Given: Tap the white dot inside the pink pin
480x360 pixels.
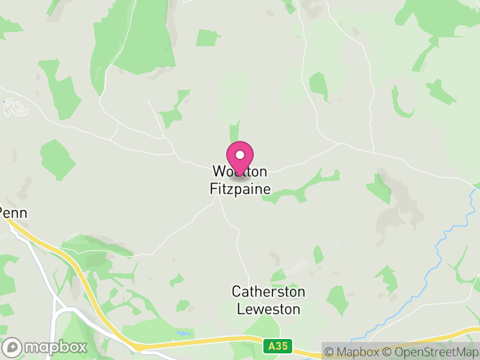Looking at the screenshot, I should pyautogui.click(x=240, y=155).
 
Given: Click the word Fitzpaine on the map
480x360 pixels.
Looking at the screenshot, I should pyautogui.click(x=240, y=189).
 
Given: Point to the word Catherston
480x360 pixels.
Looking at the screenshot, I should pyautogui.click(x=268, y=292).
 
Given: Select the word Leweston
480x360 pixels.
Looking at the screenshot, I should pyautogui.click(x=268, y=309).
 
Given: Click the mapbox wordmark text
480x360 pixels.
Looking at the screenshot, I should pyautogui.click(x=56, y=347).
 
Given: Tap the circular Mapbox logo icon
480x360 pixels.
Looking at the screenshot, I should pyautogui.click(x=14, y=347).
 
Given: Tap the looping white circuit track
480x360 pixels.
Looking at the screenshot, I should pyautogui.click(x=18, y=108).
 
